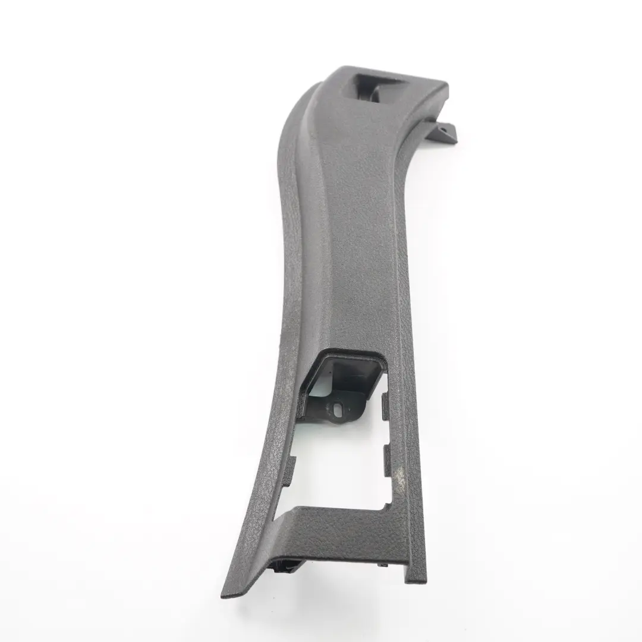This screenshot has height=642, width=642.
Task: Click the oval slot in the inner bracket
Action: pyautogui.click(x=339, y=408)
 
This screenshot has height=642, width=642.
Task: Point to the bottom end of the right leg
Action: pyautogui.click(x=416, y=580)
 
